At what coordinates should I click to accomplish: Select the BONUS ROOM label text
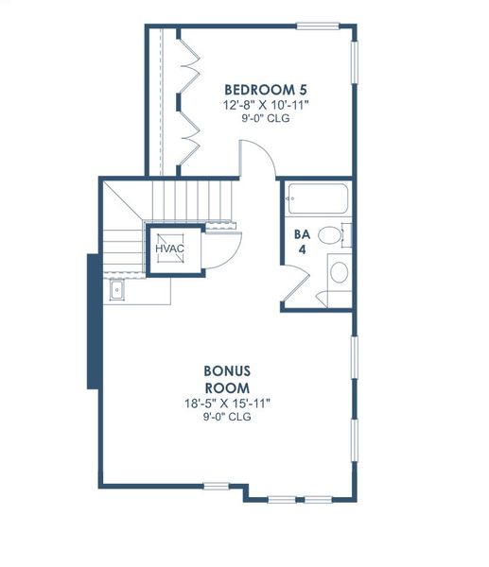pyautogui.click(x=227, y=379)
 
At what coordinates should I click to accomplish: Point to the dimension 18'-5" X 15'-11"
pyautogui.click(x=227, y=404)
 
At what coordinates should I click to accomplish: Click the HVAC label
pyautogui.click(x=170, y=249)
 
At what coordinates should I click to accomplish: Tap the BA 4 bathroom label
pyautogui.click(x=302, y=242)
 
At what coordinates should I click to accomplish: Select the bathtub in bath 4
pyautogui.click(x=318, y=199)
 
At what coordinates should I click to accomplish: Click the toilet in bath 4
pyautogui.click(x=332, y=235)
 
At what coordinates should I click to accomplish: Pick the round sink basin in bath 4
pyautogui.click(x=338, y=274)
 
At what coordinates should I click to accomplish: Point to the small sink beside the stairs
pyautogui.click(x=116, y=290)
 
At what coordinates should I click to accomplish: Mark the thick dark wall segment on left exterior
pyautogui.click(x=94, y=320)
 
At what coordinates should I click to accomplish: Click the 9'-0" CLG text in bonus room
pyautogui.click(x=227, y=418)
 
